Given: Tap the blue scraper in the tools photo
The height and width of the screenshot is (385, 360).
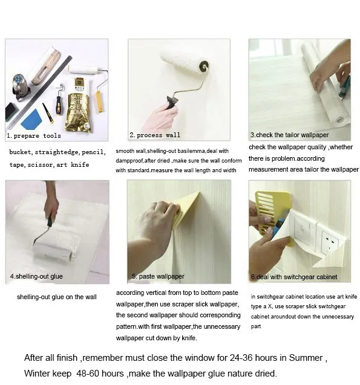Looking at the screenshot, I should [x=31, y=119].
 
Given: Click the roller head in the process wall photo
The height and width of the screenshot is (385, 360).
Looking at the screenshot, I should [x=184, y=61].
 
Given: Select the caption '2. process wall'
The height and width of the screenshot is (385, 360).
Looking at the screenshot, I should [x=155, y=135].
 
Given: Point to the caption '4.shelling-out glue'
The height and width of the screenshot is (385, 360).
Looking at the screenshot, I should [x=36, y=277].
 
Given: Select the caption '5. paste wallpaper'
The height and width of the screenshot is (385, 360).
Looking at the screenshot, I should [x=158, y=276].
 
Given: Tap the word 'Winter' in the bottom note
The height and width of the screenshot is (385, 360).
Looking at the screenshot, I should [x=39, y=374].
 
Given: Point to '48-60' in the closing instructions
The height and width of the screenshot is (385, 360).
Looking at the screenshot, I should [x=91, y=374].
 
